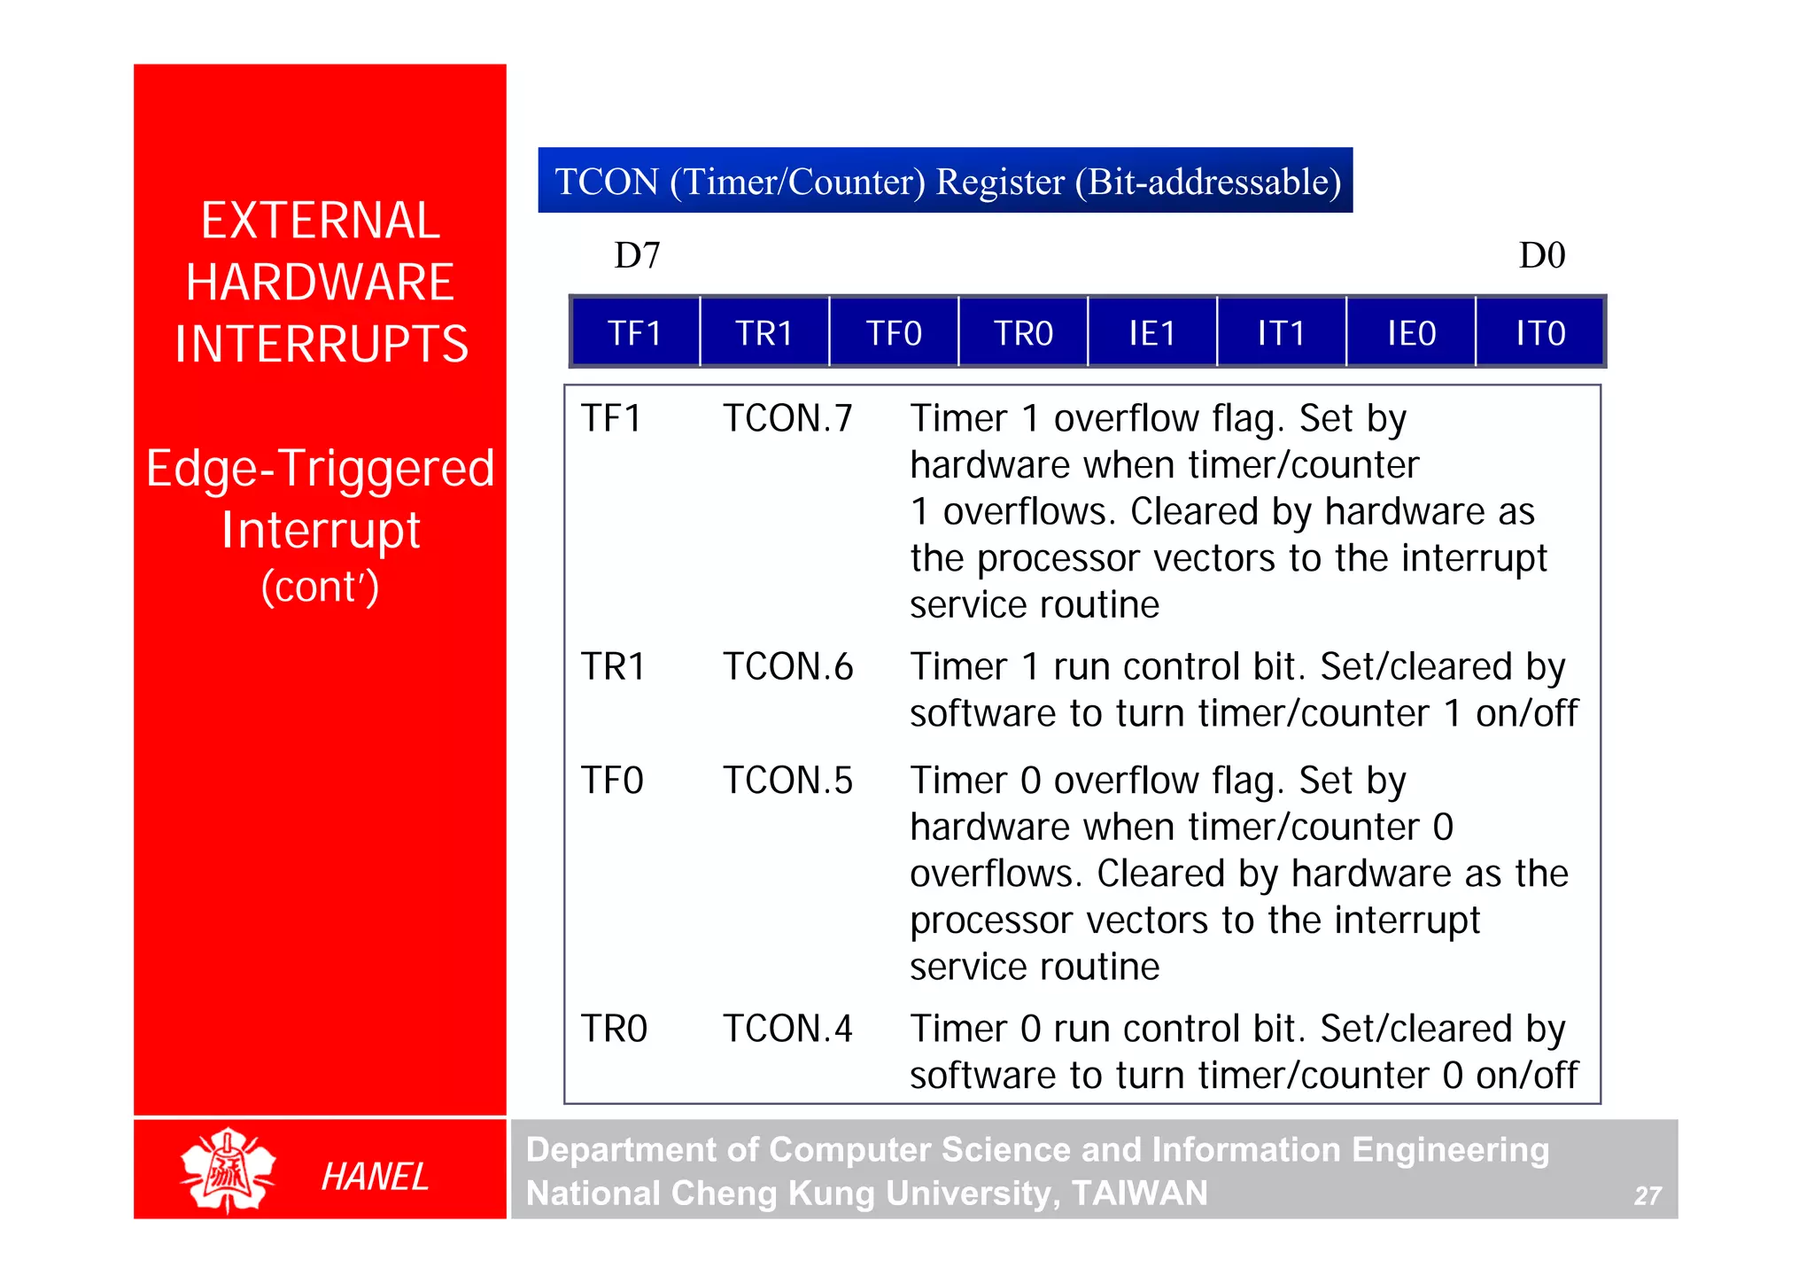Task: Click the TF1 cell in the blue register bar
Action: [x=635, y=333]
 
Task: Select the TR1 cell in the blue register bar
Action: [x=764, y=333]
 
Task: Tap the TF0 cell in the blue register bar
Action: [x=894, y=333]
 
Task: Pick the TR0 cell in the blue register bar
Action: [x=1023, y=333]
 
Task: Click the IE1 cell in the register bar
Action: [x=1152, y=333]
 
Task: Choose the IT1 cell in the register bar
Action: [x=1282, y=333]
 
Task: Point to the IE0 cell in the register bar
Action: [x=1411, y=333]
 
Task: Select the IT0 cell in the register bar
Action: [x=1540, y=333]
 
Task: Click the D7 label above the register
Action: [x=637, y=256]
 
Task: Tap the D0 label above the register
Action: [x=1542, y=256]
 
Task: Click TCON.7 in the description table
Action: [x=787, y=418]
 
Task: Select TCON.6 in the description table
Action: [x=787, y=666]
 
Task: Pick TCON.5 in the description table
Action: [x=787, y=781]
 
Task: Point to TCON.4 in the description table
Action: [x=787, y=1029]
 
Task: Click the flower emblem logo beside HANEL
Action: [x=228, y=1170]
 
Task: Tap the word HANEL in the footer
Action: [x=375, y=1177]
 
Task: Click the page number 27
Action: [x=1647, y=1196]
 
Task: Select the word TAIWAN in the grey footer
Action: [x=1139, y=1194]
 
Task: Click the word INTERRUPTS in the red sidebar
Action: [x=321, y=344]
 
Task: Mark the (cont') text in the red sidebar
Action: [x=320, y=587]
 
